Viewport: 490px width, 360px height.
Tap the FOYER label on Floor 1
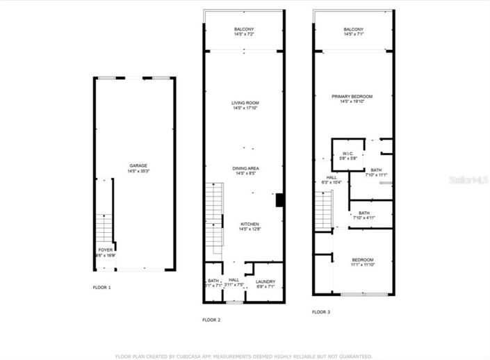105,249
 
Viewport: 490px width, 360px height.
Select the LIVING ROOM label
245,103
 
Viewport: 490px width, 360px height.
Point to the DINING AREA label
245,168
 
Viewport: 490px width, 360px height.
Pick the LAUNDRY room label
266,281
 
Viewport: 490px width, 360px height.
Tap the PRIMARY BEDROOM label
353,96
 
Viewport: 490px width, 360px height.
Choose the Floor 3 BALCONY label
353,29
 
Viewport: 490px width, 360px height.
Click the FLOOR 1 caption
101,287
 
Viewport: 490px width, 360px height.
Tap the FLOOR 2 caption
211,320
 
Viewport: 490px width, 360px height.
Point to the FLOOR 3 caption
321,312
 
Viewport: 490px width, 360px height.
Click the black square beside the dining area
279,200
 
